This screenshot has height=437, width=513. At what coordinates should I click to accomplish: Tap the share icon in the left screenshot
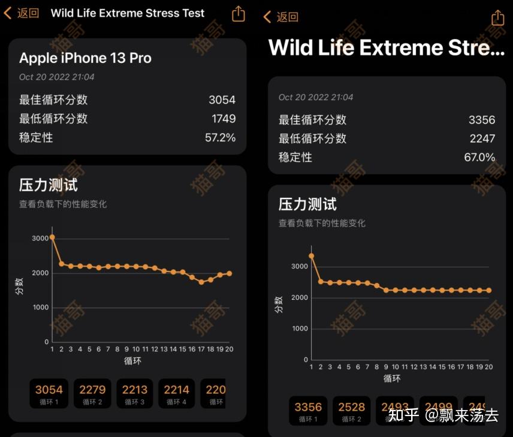(239, 13)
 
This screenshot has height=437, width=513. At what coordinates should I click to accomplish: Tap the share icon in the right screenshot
(497, 17)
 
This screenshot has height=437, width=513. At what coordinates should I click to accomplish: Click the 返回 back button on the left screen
(22, 13)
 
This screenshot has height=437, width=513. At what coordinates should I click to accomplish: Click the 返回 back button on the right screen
(281, 17)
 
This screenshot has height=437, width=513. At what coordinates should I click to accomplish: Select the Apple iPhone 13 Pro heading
(85, 58)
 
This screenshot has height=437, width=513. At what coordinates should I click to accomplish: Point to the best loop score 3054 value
(222, 100)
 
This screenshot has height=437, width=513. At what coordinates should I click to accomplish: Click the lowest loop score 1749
(224, 119)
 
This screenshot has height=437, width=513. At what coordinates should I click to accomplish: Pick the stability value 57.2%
(221, 137)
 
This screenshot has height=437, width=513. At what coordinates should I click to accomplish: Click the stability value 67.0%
(479, 157)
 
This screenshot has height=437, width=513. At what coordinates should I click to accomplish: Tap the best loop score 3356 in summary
(482, 120)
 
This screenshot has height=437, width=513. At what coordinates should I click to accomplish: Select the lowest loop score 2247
(482, 138)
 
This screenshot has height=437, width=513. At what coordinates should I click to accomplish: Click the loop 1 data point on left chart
(52, 237)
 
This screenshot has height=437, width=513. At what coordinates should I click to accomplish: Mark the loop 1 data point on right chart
(311, 255)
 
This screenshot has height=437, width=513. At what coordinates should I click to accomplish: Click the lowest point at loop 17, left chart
(201, 282)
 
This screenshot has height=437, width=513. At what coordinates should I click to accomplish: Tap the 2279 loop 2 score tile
(93, 393)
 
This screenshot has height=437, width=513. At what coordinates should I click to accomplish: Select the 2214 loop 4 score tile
(177, 393)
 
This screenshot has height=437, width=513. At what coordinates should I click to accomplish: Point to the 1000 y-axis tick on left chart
(40, 308)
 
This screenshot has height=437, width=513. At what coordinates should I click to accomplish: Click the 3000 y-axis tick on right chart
(300, 267)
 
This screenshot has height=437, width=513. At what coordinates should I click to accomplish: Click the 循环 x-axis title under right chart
(392, 378)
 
